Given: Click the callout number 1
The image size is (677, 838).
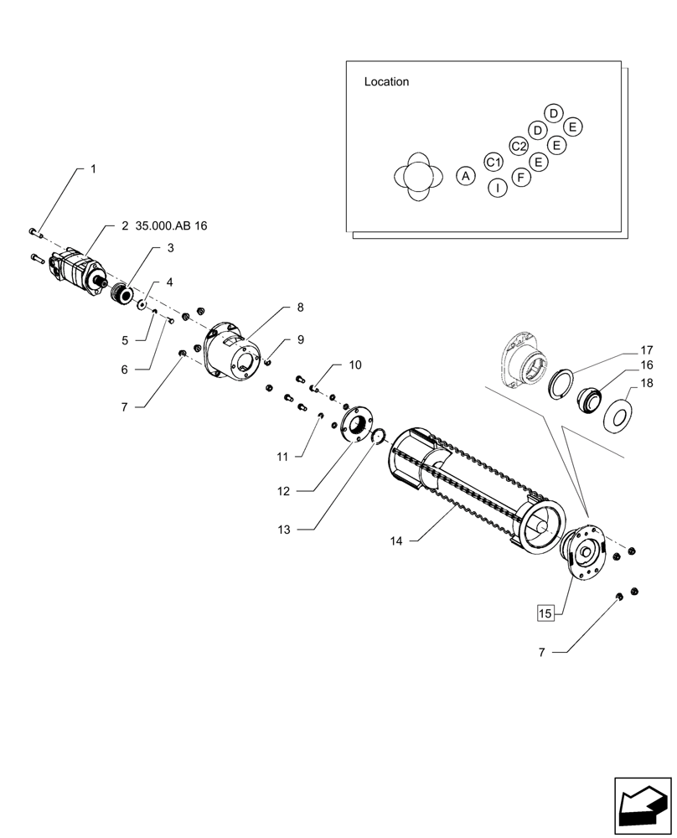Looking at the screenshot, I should [93, 168].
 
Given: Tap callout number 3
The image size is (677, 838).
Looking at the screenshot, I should [170, 248].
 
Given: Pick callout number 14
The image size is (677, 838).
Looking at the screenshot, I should [395, 541].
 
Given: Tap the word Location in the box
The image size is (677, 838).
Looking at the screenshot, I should [386, 82].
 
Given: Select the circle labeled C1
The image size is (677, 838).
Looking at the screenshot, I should [494, 162].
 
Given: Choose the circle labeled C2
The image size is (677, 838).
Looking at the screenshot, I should [519, 146].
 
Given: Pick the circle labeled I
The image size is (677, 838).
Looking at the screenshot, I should [498, 188].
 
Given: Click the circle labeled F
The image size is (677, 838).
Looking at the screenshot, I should [521, 177].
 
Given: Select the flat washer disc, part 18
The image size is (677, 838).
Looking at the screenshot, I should [623, 415].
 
